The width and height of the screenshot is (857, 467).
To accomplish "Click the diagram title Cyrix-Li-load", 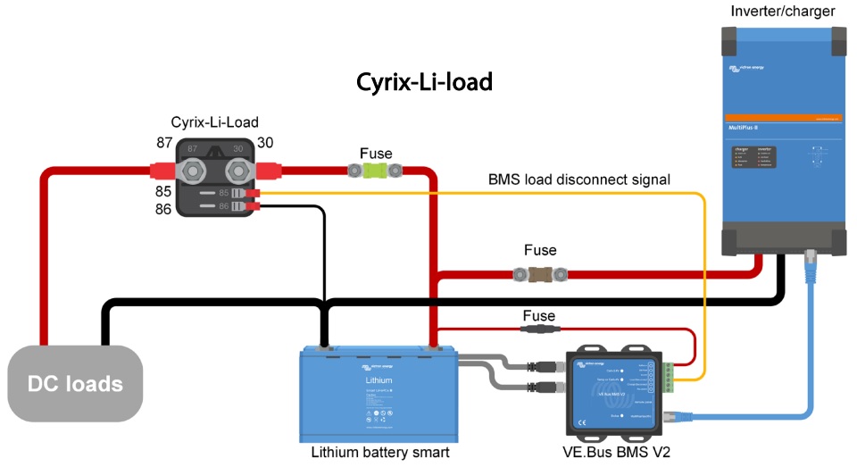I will [x=424, y=82].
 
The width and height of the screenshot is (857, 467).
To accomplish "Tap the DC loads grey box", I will [x=75, y=384].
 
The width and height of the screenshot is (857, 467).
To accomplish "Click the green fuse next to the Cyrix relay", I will [x=376, y=168].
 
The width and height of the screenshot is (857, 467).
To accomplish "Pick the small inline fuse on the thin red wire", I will [x=538, y=330].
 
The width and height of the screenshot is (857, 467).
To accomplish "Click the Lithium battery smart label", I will [x=379, y=452].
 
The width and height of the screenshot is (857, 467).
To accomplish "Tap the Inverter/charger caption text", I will [x=783, y=12].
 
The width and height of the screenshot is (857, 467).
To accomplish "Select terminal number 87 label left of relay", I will [x=165, y=143].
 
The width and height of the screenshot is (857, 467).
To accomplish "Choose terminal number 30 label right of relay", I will [x=265, y=143].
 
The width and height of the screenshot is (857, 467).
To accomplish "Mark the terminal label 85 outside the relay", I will [x=163, y=191].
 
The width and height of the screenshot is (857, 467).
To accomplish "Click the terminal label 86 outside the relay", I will [x=163, y=209].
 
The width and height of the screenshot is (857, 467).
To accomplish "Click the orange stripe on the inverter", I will [x=783, y=118].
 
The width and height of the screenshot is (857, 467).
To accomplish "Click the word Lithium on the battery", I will [x=379, y=380].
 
